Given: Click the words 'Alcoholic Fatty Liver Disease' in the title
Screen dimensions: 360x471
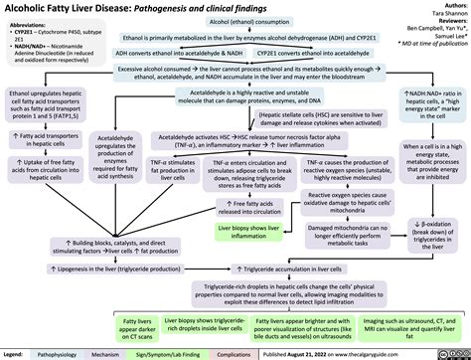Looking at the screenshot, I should pyautogui.click(x=71, y=8).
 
